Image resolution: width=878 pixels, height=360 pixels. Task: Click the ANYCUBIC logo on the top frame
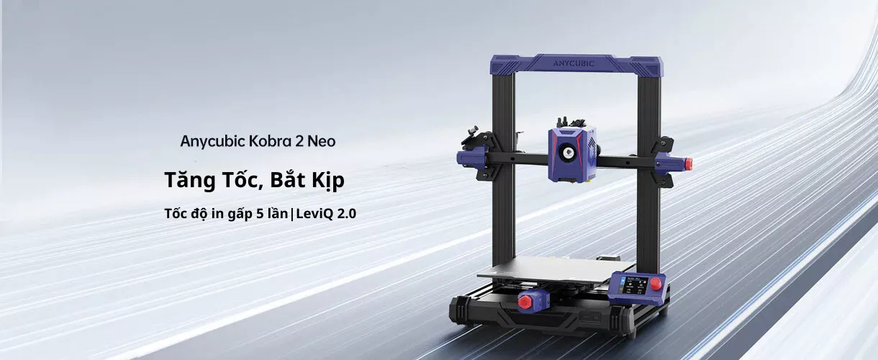(x=574, y=63)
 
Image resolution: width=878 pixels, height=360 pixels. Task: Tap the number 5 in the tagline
(x=260, y=214)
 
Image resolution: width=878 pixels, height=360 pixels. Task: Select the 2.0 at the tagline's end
(x=347, y=214)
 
